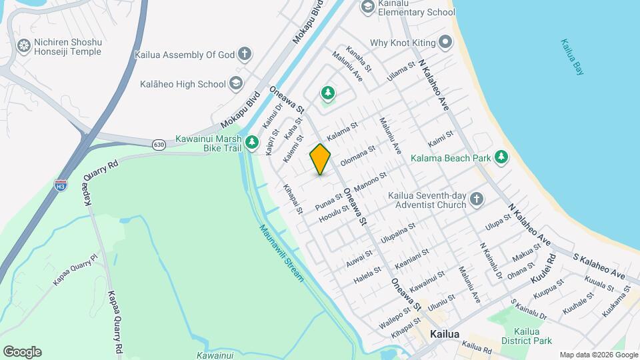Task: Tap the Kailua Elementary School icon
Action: pos(367,7)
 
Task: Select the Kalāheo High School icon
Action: pos(235,84)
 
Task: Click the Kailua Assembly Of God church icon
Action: pos(245,55)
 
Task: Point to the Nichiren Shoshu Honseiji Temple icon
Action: pos(24,46)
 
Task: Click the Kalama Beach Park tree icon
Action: pos(501,158)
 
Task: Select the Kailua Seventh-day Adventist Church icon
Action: pos(476,199)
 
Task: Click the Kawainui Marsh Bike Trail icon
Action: pos(251,142)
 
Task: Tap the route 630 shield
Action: pos(159,144)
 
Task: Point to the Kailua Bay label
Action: pos(572,57)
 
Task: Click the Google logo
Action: pos(22,352)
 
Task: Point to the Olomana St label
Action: pos(358,157)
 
